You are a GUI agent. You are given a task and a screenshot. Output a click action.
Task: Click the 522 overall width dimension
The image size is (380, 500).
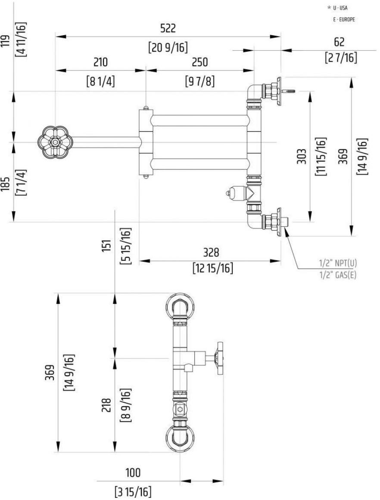(168, 28)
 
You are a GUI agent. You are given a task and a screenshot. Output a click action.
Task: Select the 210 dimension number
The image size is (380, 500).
(100, 62)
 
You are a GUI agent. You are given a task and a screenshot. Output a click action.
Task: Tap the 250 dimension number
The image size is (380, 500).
(200, 62)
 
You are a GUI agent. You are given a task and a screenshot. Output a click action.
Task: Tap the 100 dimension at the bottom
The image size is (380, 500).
(133, 473)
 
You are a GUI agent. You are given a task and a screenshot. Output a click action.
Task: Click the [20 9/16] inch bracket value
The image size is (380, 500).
(168, 46)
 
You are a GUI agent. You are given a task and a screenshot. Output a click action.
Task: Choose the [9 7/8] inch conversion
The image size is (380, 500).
(200, 80)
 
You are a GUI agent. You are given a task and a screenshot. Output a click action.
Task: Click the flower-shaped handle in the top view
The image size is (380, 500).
(55, 142)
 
